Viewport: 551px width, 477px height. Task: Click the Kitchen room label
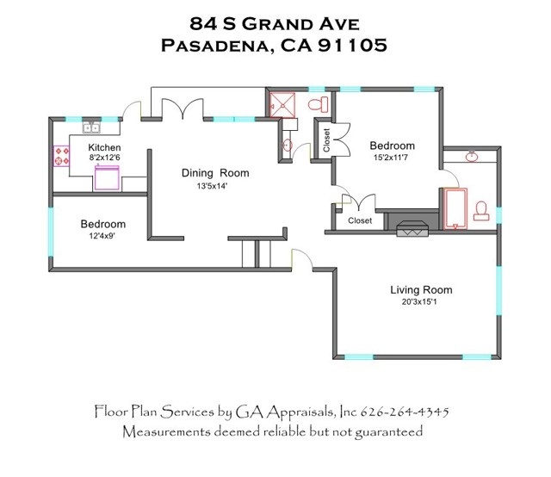tap(104, 147)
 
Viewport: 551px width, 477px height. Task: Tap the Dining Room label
tap(215, 173)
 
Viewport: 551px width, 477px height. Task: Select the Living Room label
tap(421, 290)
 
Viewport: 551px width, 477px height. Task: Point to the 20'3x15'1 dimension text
tap(419, 301)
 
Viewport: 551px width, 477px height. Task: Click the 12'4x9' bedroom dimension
tap(102, 236)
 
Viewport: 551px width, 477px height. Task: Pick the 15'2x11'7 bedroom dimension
tap(390, 157)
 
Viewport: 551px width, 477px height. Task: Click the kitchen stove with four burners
tap(61, 156)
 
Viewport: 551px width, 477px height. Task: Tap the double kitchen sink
tap(91, 127)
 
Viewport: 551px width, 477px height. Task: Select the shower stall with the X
tap(282, 104)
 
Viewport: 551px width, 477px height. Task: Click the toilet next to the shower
tap(318, 104)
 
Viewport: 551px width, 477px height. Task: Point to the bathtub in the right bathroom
tap(455, 209)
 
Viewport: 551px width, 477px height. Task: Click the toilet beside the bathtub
tap(481, 211)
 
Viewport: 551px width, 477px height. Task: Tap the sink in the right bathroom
tap(471, 156)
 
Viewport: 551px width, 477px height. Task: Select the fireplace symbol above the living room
tap(412, 228)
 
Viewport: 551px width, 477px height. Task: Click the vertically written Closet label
tap(326, 139)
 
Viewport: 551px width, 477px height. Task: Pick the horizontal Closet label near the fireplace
tap(360, 220)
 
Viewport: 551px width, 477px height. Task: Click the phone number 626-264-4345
tap(405, 412)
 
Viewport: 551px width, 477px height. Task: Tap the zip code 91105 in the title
tap(352, 45)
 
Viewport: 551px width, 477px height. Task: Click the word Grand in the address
tap(275, 24)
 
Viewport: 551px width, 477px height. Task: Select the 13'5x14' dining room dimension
tap(213, 186)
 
